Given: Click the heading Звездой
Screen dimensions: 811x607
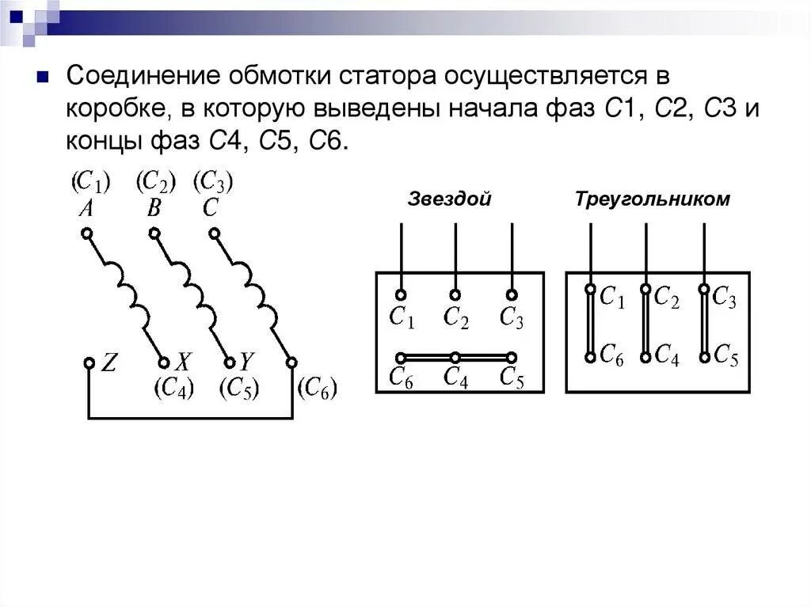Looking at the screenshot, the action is (449, 199).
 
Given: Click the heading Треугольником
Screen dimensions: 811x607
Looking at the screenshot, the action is (653, 199).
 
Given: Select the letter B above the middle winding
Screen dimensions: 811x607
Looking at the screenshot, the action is (154, 209).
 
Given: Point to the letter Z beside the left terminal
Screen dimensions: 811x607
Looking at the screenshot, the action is (109, 363).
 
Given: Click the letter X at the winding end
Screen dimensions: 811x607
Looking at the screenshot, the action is (183, 363).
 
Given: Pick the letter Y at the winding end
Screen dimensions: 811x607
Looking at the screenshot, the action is (246, 362).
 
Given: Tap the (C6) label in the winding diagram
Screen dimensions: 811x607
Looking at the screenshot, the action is (317, 388).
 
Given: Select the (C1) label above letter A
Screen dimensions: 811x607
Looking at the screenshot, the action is (89, 183).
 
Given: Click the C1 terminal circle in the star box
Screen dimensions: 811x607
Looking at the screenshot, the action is (401, 294).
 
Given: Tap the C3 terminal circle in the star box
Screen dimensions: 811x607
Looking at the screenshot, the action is (512, 294).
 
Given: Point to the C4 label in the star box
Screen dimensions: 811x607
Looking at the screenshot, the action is (455, 377).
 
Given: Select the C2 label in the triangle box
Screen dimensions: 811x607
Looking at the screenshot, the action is (666, 298).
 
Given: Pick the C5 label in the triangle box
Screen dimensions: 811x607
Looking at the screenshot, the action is (725, 355).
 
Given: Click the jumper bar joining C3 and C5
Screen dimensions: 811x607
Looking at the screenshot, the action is (704, 323).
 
